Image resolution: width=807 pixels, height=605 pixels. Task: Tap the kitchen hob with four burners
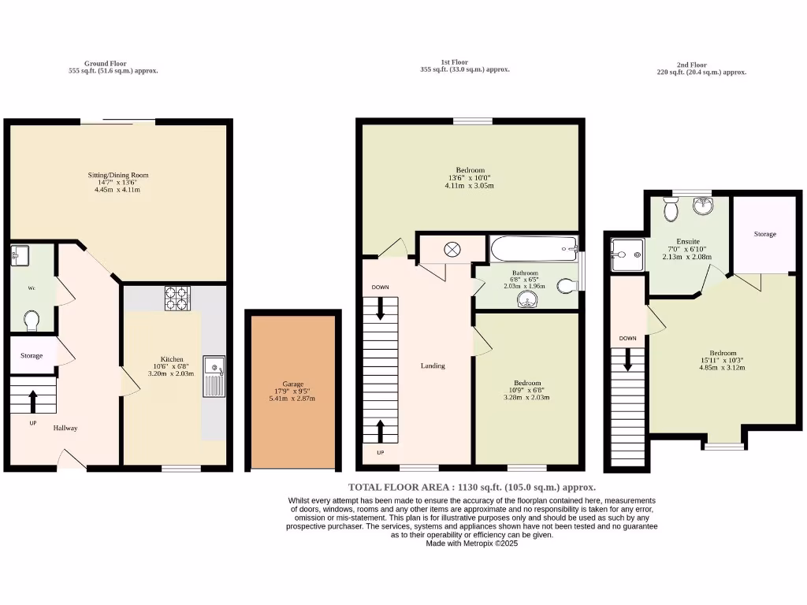177,299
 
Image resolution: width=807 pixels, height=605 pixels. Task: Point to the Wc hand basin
20,255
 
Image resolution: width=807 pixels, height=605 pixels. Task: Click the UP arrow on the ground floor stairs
33,400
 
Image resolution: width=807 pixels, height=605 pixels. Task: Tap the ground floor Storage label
32,356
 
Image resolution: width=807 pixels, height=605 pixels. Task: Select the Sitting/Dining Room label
118,175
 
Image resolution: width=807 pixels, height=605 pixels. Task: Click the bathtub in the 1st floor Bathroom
534,250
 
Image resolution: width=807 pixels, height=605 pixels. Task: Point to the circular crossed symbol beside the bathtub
452,249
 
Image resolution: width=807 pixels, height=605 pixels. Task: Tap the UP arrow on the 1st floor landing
381,431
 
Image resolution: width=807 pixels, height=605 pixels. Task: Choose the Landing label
433,366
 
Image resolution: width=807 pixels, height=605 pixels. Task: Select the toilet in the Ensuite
671,210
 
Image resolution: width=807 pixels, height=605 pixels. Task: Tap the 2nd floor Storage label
764,234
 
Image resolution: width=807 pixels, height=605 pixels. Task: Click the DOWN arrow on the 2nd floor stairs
628,359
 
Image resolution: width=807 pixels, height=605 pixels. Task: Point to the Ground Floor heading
106,64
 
